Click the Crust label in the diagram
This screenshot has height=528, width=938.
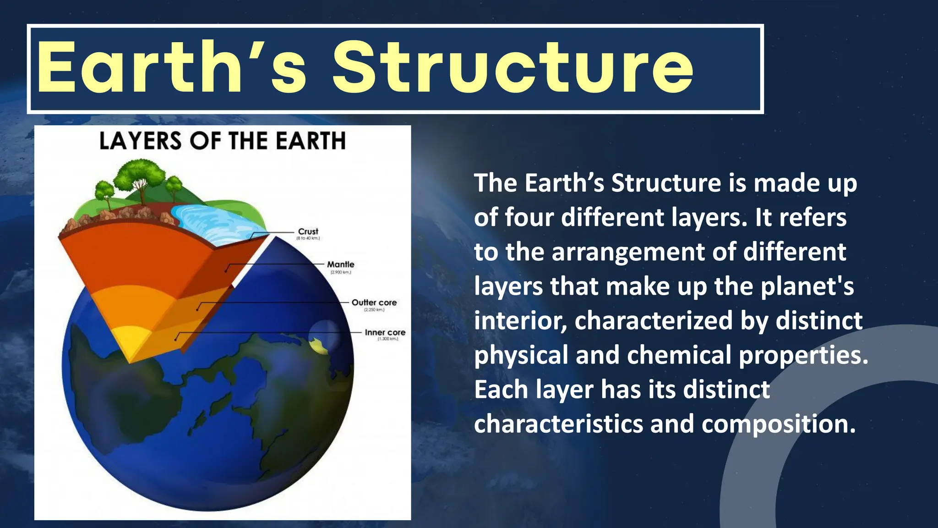308,231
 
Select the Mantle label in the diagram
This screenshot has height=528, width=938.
340,264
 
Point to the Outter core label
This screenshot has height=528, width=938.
374,302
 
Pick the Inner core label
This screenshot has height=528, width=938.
385,332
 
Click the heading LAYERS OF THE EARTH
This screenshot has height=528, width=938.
222,141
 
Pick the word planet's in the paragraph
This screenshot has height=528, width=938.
807,286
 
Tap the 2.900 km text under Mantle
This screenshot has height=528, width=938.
340,272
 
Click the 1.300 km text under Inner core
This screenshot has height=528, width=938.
387,339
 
